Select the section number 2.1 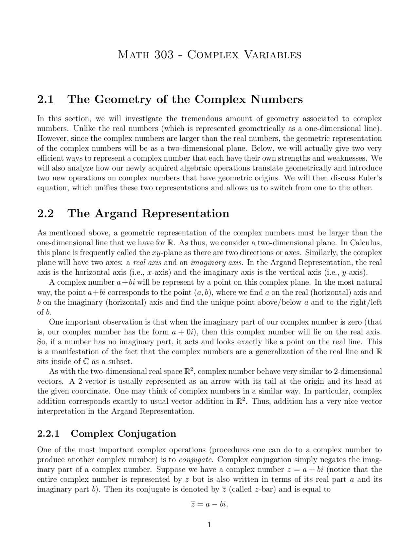[x=46, y=99]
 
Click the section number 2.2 [x=46, y=213]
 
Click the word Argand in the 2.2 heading [x=116, y=214]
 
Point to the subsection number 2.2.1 [x=48, y=433]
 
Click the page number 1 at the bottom [x=209, y=525]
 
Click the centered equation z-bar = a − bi [x=209, y=504]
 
